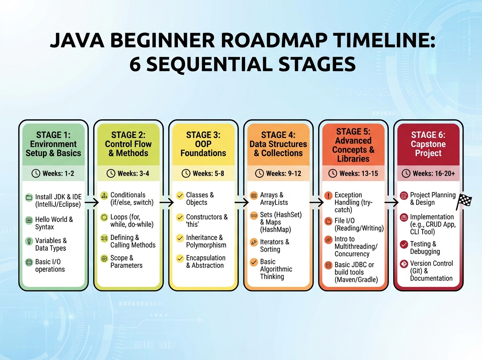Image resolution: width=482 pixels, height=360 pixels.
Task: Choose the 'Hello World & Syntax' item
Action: coord(54,223)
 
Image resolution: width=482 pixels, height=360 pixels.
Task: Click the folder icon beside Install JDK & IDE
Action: coord(29,198)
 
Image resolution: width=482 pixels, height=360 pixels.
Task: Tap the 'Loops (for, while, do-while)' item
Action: coord(131,221)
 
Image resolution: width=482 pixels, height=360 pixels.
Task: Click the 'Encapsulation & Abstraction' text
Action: coord(205,262)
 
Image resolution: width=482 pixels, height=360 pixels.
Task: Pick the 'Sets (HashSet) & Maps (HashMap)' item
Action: coord(280,222)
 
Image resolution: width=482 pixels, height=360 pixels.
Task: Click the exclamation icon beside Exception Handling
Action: coord(329,196)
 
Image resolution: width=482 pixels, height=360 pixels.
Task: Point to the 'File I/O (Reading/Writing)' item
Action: coord(359,225)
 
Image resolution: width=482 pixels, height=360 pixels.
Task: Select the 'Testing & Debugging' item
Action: coord(425,247)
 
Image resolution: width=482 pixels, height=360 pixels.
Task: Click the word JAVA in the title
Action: coord(75,42)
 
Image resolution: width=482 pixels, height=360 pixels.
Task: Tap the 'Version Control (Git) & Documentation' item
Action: coord(431,271)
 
